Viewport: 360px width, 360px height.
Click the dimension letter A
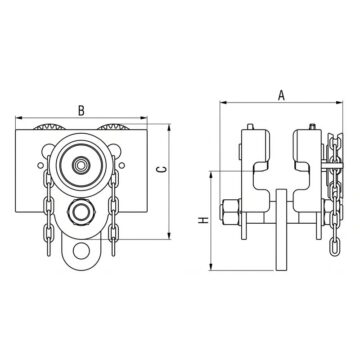282,95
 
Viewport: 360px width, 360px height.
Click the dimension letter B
81,110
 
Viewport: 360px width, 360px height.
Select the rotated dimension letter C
162,169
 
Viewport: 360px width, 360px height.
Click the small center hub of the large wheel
80,165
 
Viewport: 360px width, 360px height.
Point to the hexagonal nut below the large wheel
81,211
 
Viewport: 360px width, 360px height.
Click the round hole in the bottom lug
81,251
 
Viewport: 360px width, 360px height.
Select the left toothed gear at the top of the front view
49,127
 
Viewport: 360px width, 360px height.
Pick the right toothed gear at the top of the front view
113,127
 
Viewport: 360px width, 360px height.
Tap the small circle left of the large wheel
40,165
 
